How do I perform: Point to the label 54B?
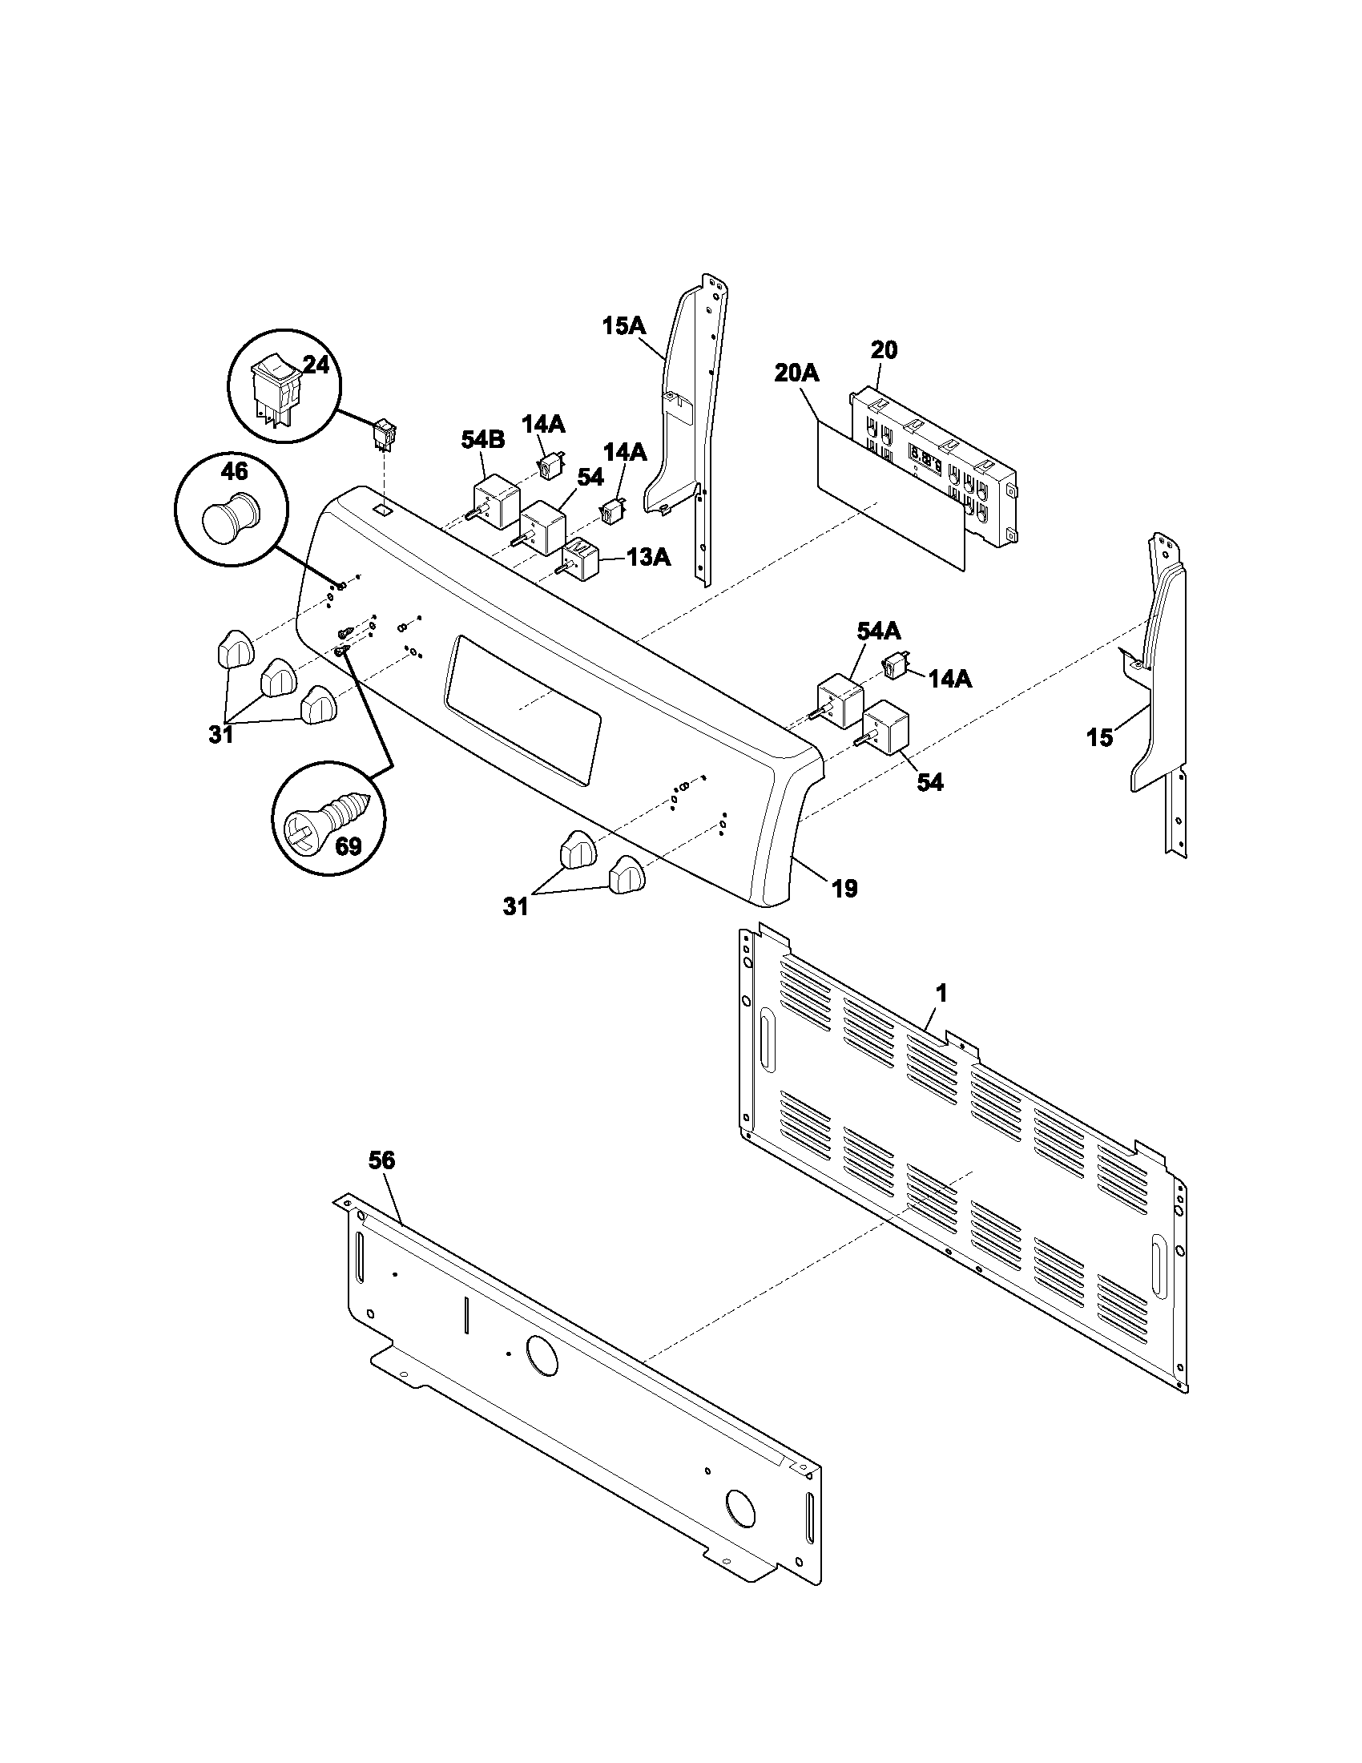(x=482, y=440)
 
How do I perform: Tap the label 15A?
(x=623, y=326)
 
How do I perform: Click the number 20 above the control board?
(x=884, y=350)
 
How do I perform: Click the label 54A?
(x=878, y=631)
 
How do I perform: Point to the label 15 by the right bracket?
(x=1099, y=737)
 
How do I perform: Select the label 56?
(x=381, y=1161)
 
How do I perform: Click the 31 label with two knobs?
(x=515, y=906)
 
